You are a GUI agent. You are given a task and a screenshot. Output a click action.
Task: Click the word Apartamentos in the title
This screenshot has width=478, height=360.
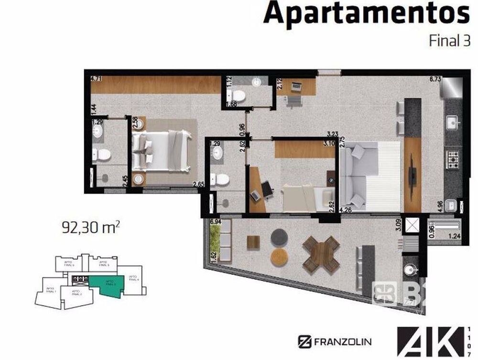(x=366, y=14)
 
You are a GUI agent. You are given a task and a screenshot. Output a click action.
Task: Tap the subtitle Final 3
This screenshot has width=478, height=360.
(x=449, y=41)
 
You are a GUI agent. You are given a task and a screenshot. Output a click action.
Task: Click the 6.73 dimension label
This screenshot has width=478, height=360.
(x=435, y=79)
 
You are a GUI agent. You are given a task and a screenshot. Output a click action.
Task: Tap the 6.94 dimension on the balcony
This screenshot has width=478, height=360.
(x=216, y=222)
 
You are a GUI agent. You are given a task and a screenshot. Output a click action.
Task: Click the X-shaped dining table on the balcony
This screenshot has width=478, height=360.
(x=321, y=254)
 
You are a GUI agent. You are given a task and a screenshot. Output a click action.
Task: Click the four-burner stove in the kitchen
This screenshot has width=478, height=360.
(x=452, y=157)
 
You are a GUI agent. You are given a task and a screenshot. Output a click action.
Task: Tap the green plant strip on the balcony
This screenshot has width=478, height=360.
(x=215, y=239)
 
